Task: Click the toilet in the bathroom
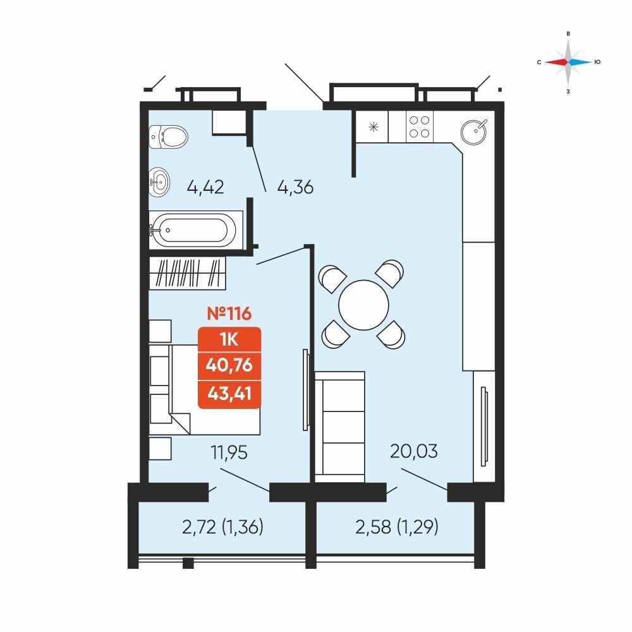[168, 137]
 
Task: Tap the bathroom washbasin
[159, 182]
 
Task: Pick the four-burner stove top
[420, 126]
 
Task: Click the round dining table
[363, 305]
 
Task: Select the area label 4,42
[205, 188]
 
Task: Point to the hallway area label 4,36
[295, 188]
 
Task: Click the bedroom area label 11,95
[229, 453]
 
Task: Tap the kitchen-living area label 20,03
[413, 451]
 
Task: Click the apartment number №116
[229, 313]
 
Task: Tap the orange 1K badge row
[229, 339]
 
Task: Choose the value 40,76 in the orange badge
[229, 365]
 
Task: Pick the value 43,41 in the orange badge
[229, 393]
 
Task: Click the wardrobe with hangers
[188, 273]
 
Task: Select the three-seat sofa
[340, 427]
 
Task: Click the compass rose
[568, 62]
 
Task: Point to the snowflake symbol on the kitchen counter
[374, 127]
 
